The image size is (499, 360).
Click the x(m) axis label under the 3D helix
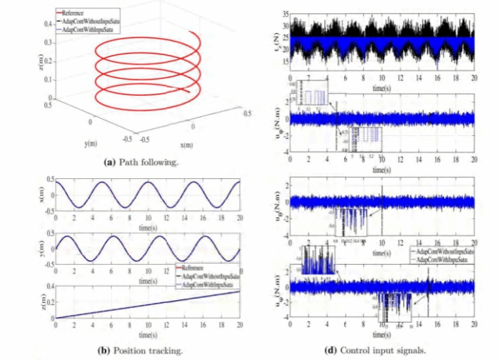coord(186,144)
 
